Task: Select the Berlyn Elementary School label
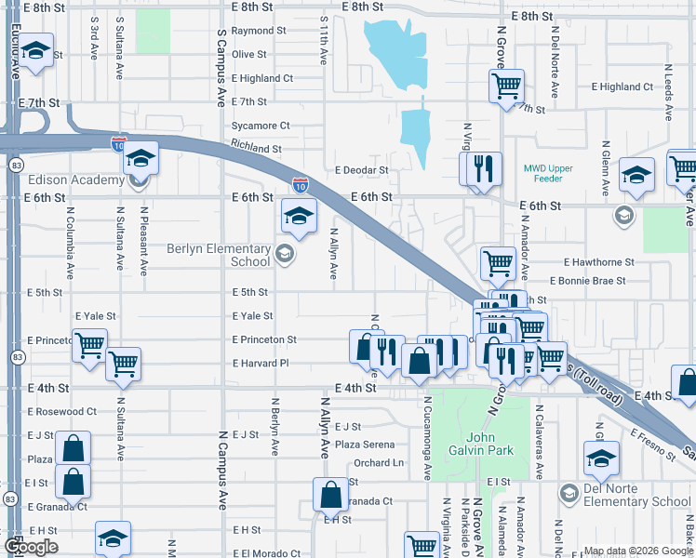pyautogui.click(x=219, y=255)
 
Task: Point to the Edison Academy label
pyautogui.click(x=63, y=180)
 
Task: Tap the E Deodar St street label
pyautogui.click(x=362, y=170)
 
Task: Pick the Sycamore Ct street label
pyautogui.click(x=261, y=126)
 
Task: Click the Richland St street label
pyautogui.click(x=256, y=149)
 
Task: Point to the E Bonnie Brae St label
pyautogui.click(x=588, y=280)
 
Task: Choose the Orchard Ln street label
pyautogui.click(x=380, y=462)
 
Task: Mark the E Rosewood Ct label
pyautogui.click(x=62, y=411)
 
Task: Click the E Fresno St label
pyautogui.click(x=651, y=445)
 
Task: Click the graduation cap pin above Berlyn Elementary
pyautogui.click(x=298, y=217)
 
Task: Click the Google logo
pyautogui.click(x=32, y=548)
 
